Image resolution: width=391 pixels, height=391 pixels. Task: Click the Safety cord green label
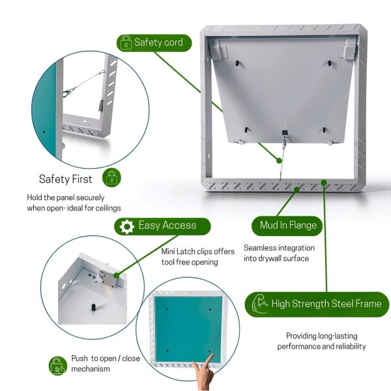[154, 43]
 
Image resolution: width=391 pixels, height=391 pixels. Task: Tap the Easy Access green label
[162, 226]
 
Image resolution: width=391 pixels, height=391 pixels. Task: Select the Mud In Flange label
[287, 226]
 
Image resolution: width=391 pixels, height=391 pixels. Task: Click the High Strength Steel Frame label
[317, 304]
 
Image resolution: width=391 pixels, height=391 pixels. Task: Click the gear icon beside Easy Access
[127, 226]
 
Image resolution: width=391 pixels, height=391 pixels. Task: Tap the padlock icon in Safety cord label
[126, 42]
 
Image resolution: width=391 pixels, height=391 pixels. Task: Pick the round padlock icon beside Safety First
[111, 178]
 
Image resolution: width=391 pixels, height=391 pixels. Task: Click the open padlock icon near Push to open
[57, 366]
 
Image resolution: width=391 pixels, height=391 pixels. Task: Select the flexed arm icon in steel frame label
[259, 304]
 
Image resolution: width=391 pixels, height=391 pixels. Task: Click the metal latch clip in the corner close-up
[108, 278]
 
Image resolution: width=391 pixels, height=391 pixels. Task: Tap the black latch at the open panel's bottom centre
[285, 133]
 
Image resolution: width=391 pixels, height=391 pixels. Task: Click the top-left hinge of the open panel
[218, 49]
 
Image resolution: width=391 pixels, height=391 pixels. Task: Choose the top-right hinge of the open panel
[347, 49]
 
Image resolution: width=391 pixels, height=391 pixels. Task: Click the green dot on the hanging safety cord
[279, 160]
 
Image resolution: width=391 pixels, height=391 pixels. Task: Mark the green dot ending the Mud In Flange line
[297, 190]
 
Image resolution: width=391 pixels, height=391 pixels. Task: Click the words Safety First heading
[66, 179]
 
